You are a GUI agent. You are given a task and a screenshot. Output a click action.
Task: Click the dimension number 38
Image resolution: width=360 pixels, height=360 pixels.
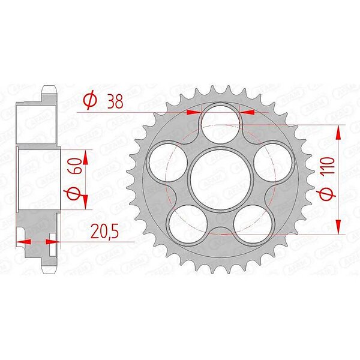point(115,101)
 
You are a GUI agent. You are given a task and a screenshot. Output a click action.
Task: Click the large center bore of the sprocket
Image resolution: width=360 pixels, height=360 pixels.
point(220,178)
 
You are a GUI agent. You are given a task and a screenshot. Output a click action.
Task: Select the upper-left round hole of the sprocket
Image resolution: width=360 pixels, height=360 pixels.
point(168,163)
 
